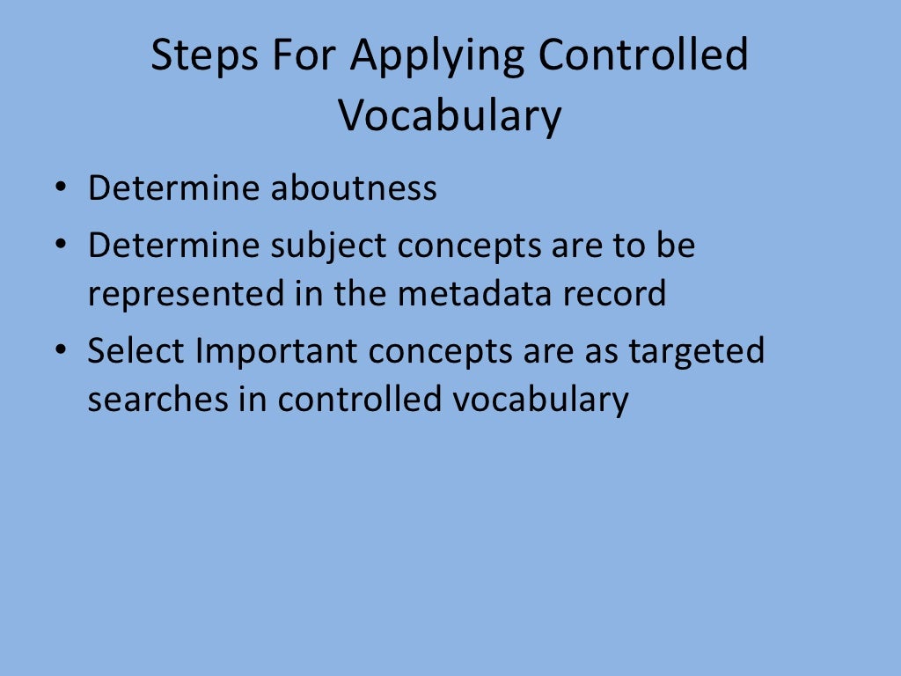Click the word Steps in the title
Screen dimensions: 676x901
204,56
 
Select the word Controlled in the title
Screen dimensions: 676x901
643,56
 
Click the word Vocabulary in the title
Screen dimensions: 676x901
450,115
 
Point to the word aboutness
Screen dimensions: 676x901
353,188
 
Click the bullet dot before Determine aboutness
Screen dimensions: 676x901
59,189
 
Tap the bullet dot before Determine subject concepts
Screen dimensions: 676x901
59,246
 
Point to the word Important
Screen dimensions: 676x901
276,351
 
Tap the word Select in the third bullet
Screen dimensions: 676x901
136,351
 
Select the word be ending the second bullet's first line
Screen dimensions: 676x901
676,246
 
